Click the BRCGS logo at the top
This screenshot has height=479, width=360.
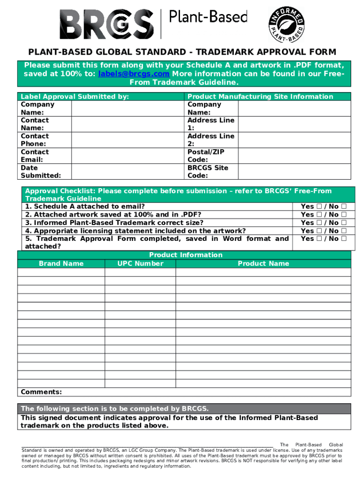(107, 23)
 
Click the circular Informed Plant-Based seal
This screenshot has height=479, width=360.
(287, 24)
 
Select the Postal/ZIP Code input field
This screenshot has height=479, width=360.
(294, 156)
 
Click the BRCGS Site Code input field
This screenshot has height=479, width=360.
(294, 172)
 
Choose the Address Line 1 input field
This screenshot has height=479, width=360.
(294, 124)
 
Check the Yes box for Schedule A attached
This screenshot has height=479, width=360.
(318, 207)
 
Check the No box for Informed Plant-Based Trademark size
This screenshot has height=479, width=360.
(344, 223)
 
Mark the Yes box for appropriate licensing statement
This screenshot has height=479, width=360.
(318, 231)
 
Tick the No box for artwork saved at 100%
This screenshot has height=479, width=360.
(344, 215)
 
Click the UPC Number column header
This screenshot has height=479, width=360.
(140, 263)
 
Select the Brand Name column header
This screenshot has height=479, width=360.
(61, 263)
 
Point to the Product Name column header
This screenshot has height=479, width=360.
(263, 263)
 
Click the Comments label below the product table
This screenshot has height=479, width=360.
(41, 392)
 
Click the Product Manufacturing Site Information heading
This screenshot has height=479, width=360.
(260, 96)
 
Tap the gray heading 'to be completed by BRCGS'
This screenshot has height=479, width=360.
(115, 408)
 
